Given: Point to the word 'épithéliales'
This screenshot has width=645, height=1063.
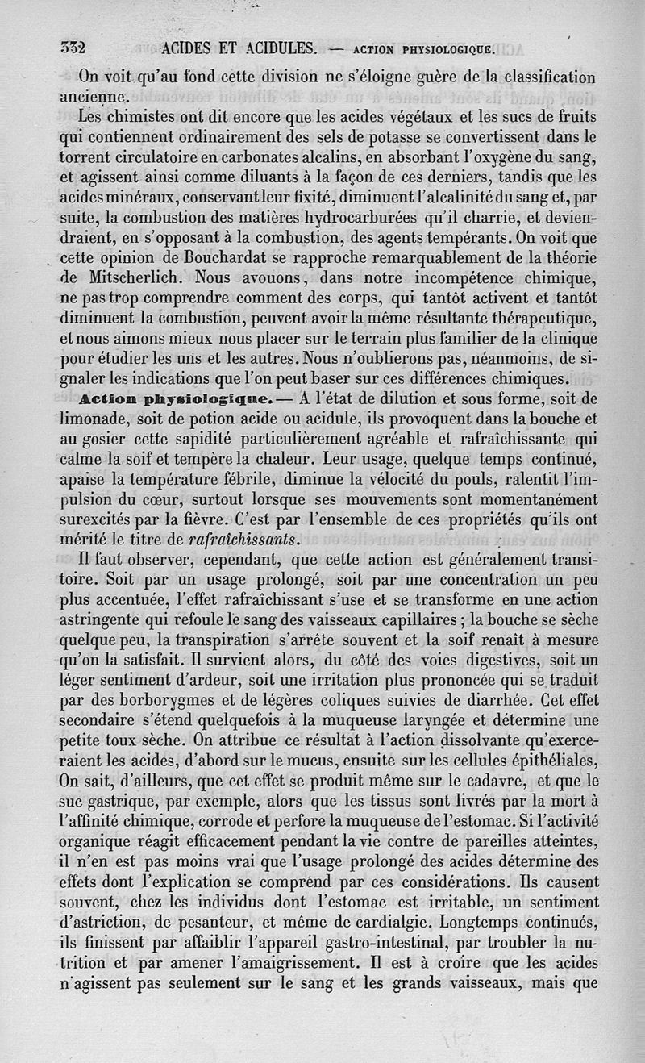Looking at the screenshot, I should click(x=550, y=761).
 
